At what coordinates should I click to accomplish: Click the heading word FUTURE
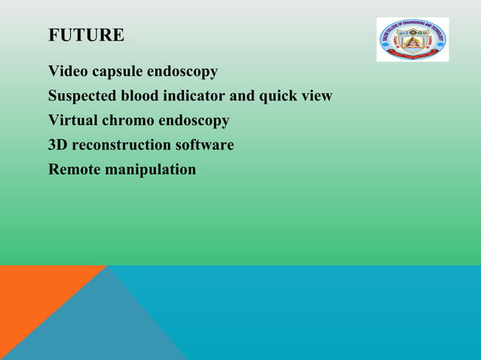[86, 35]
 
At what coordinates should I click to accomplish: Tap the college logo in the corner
[412, 39]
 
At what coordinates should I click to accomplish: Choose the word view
[317, 96]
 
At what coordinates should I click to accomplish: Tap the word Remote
[74, 169]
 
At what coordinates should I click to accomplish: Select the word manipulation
[150, 169]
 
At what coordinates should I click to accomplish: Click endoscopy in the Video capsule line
[182, 72]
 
